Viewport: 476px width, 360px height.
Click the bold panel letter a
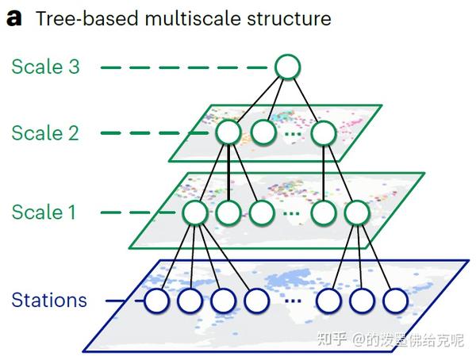pyautogui.click(x=13, y=18)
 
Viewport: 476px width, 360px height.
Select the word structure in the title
pyautogui.click(x=290, y=18)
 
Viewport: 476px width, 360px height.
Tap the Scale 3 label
pyautogui.click(x=45, y=67)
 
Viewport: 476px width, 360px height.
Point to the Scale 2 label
pyautogui.click(x=45, y=132)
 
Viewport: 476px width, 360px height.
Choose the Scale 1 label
pyautogui.click(x=45, y=213)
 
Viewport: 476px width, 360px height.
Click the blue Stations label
pyautogui.click(x=49, y=301)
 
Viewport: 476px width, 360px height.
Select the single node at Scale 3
pyautogui.click(x=288, y=67)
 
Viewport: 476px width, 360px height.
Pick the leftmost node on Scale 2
pyautogui.click(x=228, y=132)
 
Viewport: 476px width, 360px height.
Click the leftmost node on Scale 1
pyautogui.click(x=195, y=213)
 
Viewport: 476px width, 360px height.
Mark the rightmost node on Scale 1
pyautogui.click(x=357, y=213)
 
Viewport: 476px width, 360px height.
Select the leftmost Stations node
pyautogui.click(x=157, y=301)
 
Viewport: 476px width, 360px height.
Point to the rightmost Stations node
pyautogui.click(x=394, y=301)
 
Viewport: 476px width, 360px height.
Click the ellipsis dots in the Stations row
pyautogui.click(x=293, y=301)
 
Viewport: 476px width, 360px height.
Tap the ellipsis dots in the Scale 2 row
pyautogui.click(x=293, y=133)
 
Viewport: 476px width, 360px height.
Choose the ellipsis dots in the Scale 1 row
pyautogui.click(x=293, y=213)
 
